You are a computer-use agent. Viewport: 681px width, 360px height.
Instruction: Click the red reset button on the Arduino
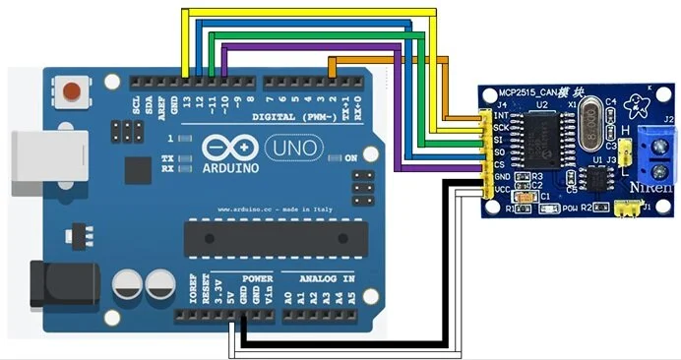[x=70, y=94]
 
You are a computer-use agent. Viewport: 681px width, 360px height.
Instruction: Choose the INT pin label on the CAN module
[x=502, y=117]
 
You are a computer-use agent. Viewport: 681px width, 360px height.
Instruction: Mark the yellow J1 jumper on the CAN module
[x=623, y=207]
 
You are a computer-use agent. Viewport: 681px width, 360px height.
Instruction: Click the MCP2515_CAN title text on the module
[x=535, y=92]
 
